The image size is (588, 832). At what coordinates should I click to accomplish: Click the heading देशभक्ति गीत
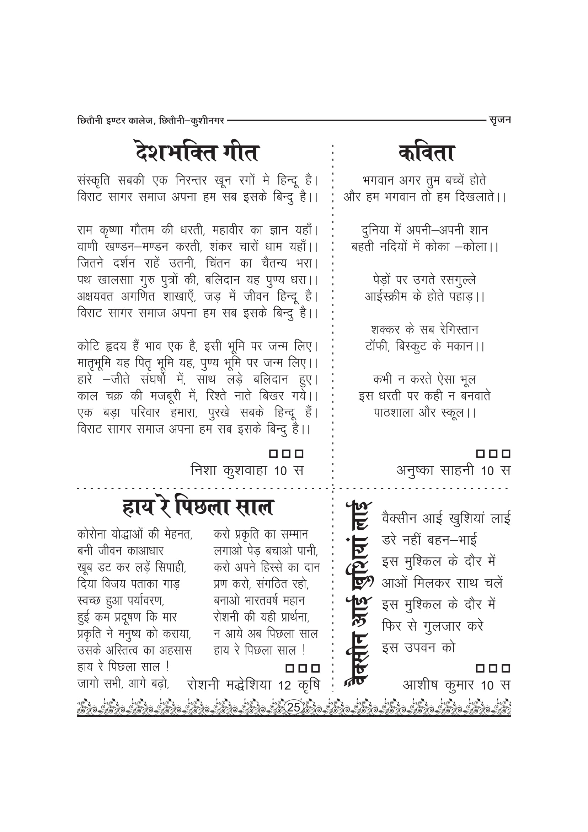[197, 153]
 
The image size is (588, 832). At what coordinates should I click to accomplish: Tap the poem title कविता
[426, 153]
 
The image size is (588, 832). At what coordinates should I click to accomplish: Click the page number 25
[294, 707]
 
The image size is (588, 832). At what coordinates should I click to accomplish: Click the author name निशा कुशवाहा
[229, 470]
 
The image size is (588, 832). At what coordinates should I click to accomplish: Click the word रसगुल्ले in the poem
[458, 280]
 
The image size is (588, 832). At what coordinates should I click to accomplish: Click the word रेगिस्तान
[459, 330]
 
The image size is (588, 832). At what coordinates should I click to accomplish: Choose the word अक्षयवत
[95, 297]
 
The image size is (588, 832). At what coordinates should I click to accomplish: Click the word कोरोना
[91, 534]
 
